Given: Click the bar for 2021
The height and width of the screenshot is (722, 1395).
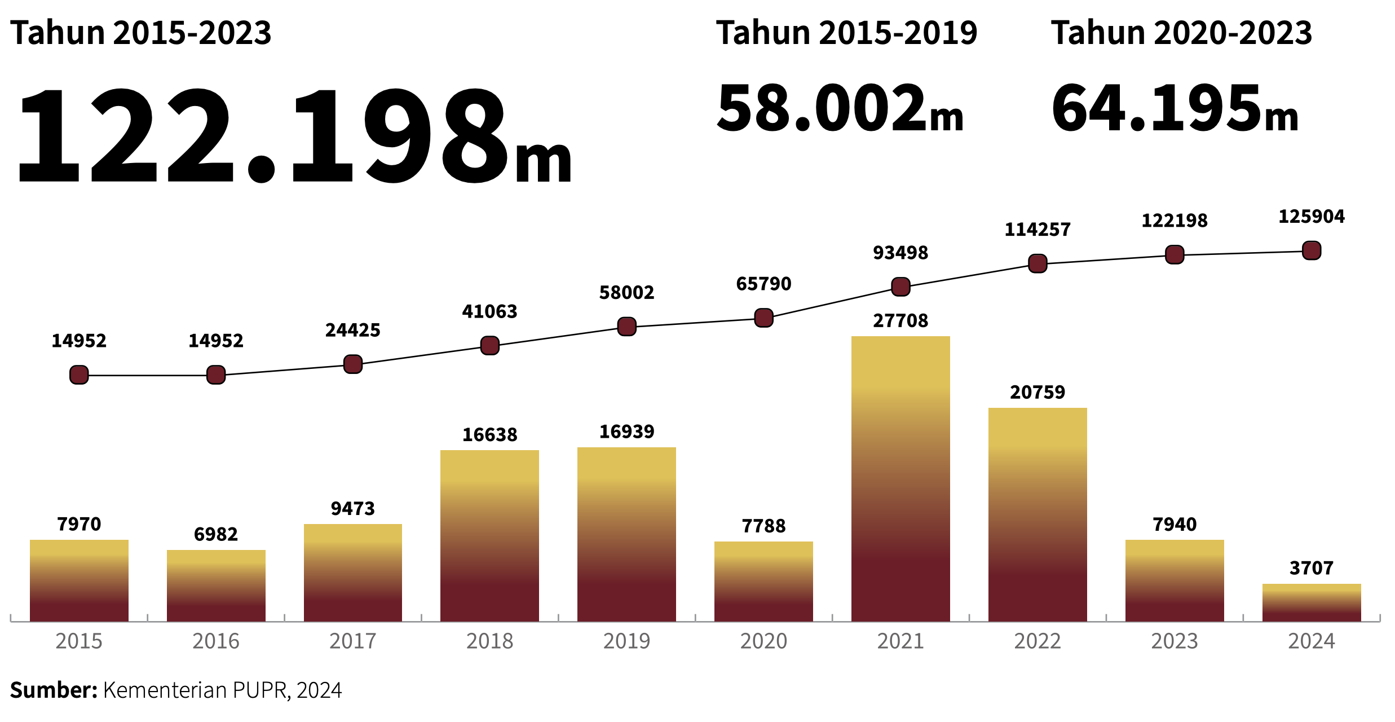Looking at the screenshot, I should [x=900, y=479].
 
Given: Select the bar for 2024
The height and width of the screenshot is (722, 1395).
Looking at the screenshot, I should [x=1312, y=604].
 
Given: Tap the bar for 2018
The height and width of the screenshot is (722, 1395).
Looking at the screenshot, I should [x=489, y=536].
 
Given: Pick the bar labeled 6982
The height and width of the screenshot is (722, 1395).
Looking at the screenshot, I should [x=216, y=587].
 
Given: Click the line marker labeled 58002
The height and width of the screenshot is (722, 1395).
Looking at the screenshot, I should [x=626, y=327].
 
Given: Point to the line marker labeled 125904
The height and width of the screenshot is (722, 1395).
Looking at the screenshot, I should [x=1312, y=250].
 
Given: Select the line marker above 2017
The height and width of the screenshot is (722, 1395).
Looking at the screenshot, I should [x=353, y=364].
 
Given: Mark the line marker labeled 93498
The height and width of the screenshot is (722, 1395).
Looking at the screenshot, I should [x=900, y=287].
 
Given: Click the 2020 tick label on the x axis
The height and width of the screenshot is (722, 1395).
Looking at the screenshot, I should [x=763, y=641].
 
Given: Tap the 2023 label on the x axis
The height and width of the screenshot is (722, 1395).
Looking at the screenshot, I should [x=1175, y=641].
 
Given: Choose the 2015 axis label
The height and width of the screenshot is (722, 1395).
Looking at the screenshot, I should [x=79, y=641].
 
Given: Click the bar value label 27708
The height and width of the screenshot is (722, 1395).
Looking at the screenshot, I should [x=900, y=321].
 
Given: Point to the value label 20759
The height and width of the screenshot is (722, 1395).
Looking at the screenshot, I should [x=1038, y=393].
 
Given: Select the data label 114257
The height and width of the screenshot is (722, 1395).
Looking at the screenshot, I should [x=1038, y=230].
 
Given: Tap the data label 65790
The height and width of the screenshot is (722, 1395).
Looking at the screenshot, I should [x=763, y=284].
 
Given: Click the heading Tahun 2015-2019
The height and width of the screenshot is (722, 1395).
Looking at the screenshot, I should [x=846, y=33].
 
